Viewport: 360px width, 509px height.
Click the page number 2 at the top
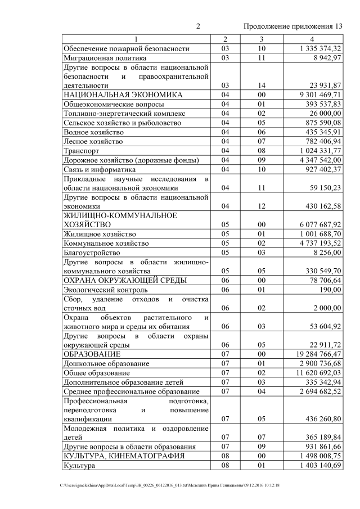point(198,26)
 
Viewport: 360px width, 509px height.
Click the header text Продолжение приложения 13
point(292,26)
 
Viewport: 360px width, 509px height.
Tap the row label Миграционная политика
point(105,57)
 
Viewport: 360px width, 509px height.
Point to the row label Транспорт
point(82,150)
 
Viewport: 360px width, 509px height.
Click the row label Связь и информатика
point(100,169)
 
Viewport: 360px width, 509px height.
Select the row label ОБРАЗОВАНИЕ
point(91,354)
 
